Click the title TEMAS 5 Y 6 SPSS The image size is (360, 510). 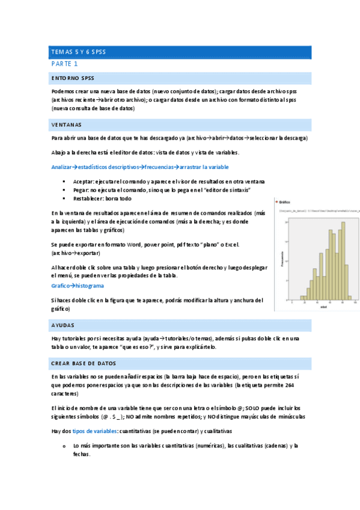point(79,52)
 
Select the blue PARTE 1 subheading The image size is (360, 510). point(64,64)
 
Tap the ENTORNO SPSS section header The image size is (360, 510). point(72,78)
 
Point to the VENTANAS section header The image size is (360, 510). point(67,125)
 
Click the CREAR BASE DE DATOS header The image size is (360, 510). point(84,364)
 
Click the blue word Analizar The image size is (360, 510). point(63,167)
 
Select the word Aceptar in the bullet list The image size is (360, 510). point(82,182)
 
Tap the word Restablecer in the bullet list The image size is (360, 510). point(87,198)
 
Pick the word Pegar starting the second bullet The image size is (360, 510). point(81,190)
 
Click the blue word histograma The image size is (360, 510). point(87,286)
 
